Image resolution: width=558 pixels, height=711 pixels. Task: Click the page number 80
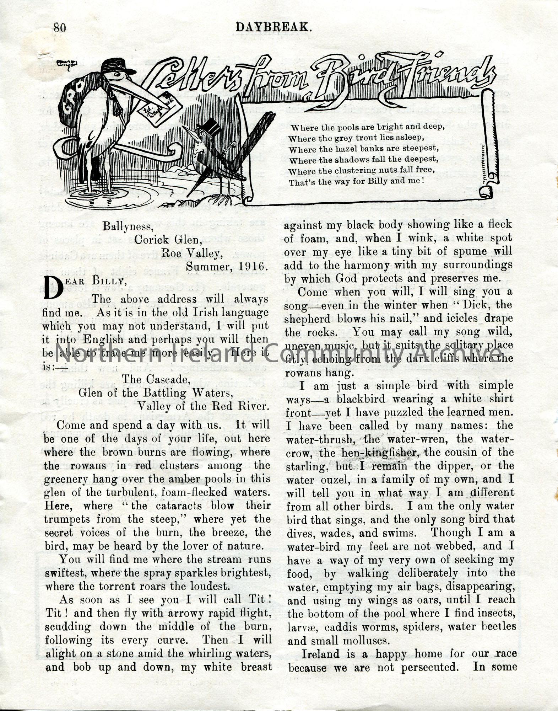pos(60,27)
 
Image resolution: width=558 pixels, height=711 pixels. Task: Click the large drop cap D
pos(53,287)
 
